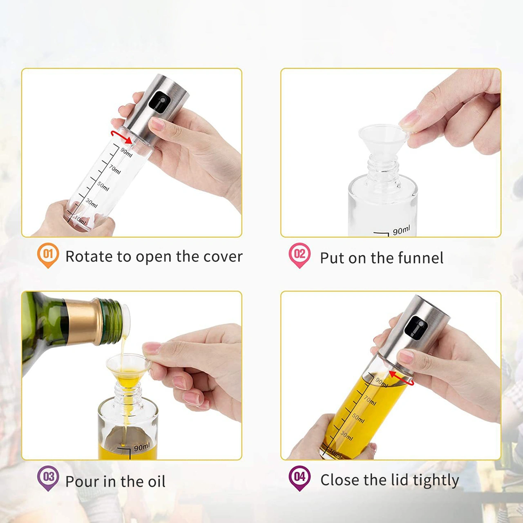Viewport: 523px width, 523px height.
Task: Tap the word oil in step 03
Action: pos(156,481)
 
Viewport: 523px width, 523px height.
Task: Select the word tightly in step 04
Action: pos(436,481)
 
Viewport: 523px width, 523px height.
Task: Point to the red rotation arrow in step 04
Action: pos(402,378)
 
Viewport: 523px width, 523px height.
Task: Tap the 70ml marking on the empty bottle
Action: pos(115,170)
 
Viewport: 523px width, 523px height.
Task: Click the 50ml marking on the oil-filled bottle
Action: pos(358,418)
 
